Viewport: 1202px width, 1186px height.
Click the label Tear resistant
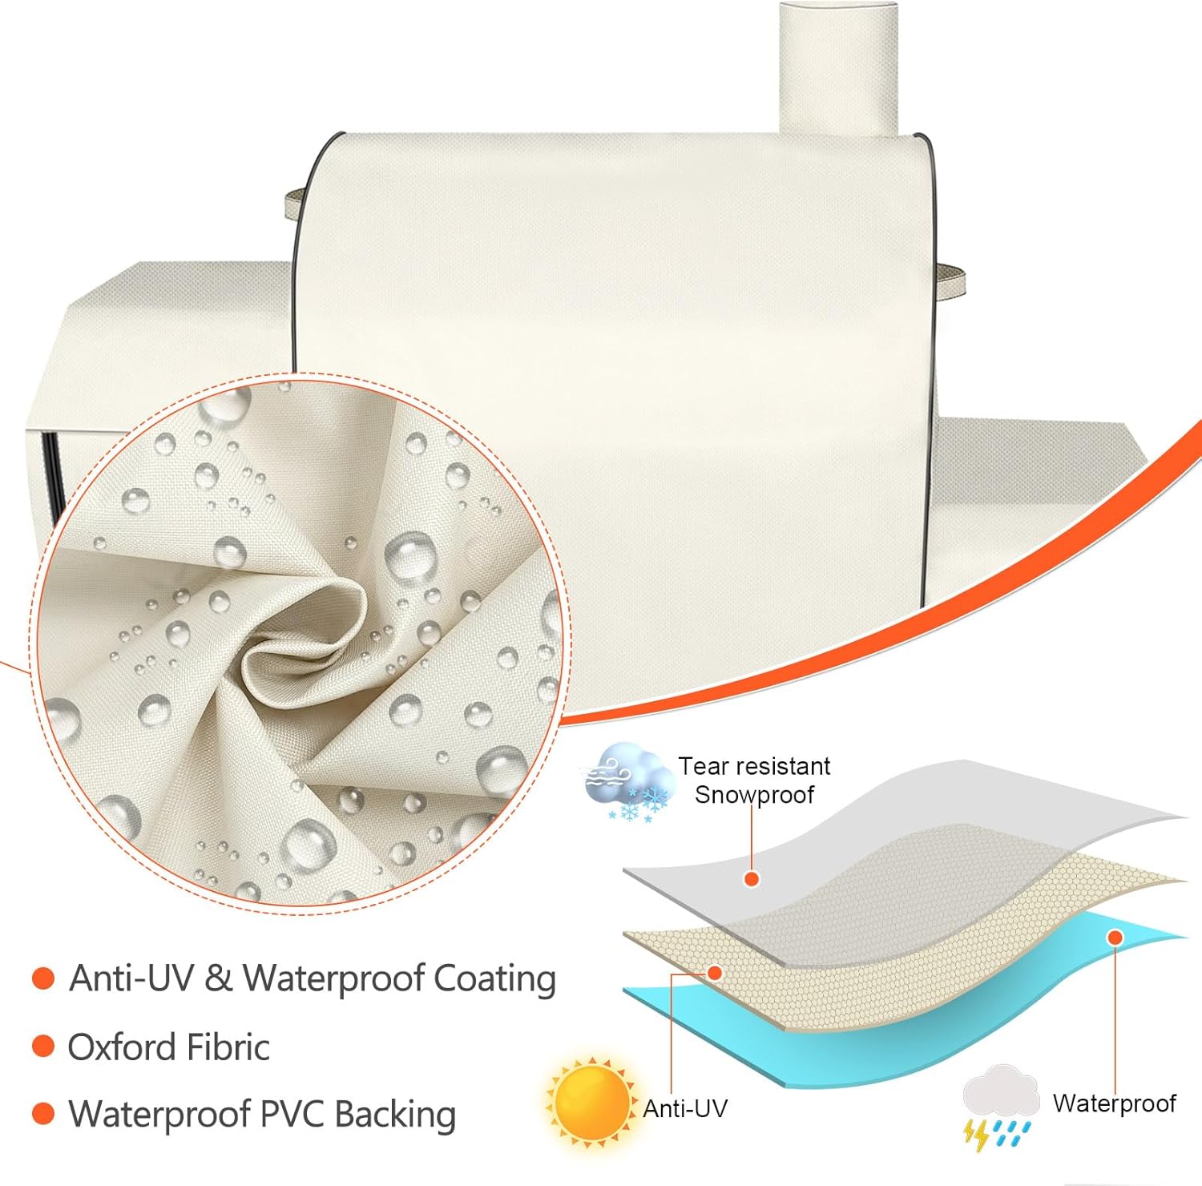pos(754,766)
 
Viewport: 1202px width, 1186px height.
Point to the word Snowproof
pos(754,795)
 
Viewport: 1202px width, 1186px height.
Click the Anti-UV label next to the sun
pos(685,1108)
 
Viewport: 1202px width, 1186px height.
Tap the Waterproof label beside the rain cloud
pos(1114,1103)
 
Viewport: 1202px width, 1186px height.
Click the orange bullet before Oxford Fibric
pos(42,1046)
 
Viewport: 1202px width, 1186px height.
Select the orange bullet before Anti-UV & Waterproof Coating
pos(42,978)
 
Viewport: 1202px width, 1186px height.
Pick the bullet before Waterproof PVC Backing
pos(42,1113)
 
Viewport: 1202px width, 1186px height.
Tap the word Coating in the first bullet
pos(494,979)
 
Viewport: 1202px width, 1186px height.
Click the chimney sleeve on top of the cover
pos(838,68)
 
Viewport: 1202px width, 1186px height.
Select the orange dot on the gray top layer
pos(751,879)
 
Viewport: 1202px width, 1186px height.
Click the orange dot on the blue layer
pos(1115,938)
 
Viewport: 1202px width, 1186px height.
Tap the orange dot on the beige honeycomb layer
pos(715,973)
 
